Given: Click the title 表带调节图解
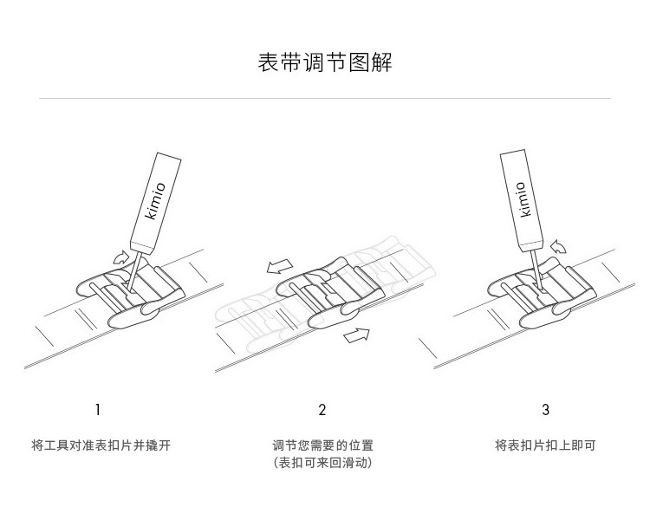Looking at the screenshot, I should coord(325,63).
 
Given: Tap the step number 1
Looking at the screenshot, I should coord(98,409).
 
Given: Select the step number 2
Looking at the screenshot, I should coord(322,409).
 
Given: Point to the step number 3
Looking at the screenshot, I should coord(545,409).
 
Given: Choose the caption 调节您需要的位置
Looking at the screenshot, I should coord(322,445).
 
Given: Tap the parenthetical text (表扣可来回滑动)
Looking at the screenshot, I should coord(322,463).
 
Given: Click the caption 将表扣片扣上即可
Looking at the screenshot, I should coord(545,445).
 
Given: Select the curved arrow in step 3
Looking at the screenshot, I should coord(562,249).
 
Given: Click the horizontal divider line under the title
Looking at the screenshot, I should coord(325,99).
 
